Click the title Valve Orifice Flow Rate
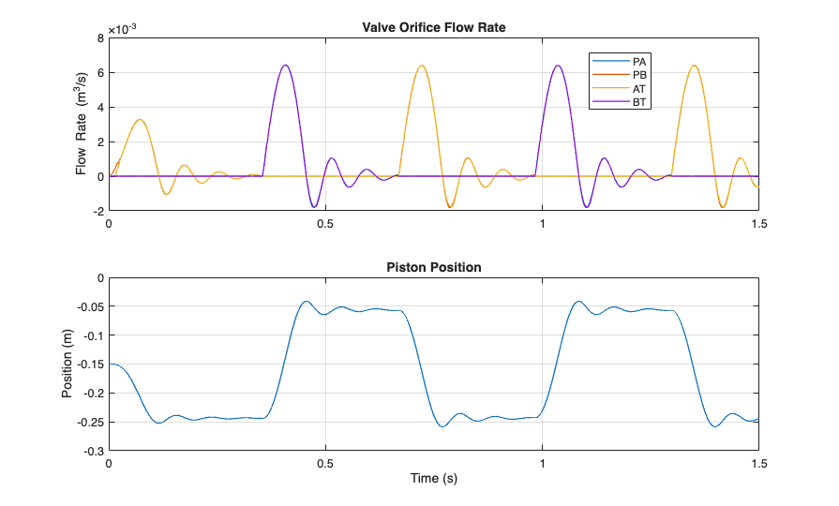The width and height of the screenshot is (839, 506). pos(433,27)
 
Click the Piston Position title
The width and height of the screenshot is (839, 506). pos(433,267)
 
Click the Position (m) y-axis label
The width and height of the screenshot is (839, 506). pos(67,365)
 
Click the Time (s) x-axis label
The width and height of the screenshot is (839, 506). pos(433,479)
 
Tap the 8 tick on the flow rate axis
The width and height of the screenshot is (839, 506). pos(98,38)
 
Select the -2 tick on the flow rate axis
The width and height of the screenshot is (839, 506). pos(97,211)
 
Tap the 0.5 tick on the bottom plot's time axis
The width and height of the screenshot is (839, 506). pos(325,463)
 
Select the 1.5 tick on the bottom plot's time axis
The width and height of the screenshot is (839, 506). pos(757,463)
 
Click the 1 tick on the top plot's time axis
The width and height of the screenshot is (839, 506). pos(542,223)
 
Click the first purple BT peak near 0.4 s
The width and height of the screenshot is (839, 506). pos(285,65)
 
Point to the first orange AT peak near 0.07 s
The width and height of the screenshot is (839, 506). pos(140,120)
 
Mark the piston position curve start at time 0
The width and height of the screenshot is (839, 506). pos(110,364)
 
